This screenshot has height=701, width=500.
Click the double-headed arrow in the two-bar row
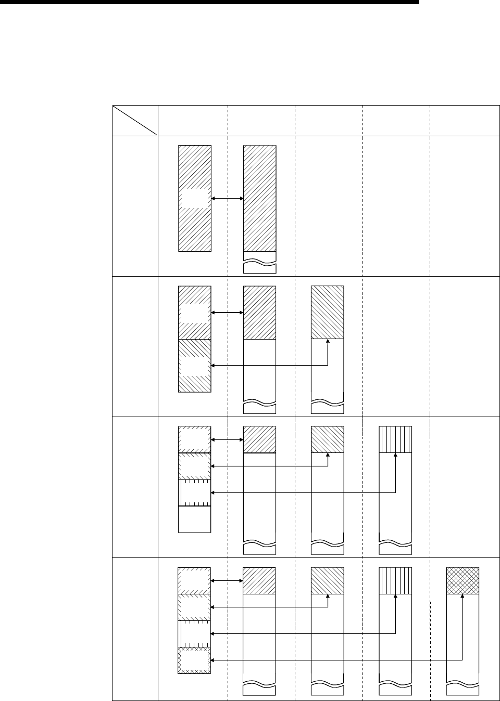point(228,198)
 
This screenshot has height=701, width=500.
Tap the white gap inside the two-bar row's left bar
point(194,198)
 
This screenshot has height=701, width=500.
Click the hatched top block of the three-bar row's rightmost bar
point(327,312)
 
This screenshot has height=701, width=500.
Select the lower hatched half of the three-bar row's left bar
point(195,365)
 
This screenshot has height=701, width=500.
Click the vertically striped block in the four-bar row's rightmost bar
point(395,439)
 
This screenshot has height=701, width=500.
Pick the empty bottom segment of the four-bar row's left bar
point(195,519)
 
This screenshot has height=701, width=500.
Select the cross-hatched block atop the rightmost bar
point(463,580)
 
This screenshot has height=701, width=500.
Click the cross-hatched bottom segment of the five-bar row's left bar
point(194,660)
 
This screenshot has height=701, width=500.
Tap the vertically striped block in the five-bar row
point(395,580)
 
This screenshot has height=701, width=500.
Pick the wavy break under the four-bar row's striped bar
point(395,546)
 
